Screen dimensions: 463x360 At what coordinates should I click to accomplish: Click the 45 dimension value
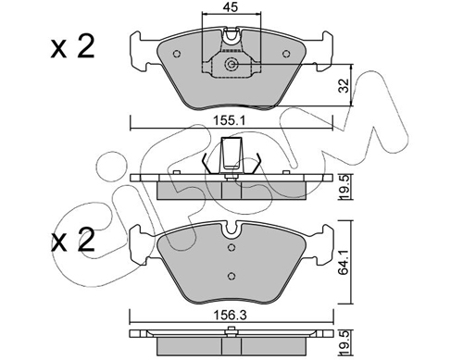point(231,7)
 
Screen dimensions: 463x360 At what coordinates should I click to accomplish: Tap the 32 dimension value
point(344,85)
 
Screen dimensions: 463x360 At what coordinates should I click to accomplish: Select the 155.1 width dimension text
point(231,120)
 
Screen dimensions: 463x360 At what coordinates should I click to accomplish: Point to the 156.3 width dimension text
point(231,316)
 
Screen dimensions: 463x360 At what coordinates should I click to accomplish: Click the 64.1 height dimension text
point(344,262)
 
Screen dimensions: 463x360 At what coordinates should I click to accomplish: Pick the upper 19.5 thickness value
point(344,186)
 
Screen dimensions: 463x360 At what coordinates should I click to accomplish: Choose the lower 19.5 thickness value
point(344,341)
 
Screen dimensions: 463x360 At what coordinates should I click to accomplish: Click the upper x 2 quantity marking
point(72,47)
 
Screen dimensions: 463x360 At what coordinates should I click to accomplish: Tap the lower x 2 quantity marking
point(72,240)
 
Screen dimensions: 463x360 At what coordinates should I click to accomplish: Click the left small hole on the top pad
point(177,54)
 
